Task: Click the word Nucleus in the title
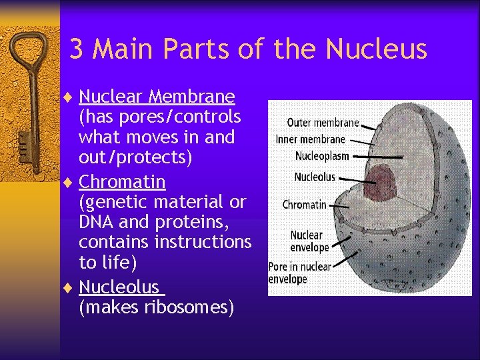(377, 49)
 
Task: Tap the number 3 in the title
(77, 49)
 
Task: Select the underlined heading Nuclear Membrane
(157, 97)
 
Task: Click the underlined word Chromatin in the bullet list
(122, 182)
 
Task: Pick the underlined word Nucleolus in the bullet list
(119, 287)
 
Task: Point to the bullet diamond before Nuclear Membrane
(71, 97)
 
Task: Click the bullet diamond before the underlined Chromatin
(71, 182)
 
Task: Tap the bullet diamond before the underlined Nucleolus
(71, 287)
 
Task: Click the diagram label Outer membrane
(323, 123)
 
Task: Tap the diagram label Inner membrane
(311, 139)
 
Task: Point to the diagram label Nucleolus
(315, 177)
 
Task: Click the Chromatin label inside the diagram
(305, 205)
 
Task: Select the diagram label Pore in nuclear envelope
(299, 272)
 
